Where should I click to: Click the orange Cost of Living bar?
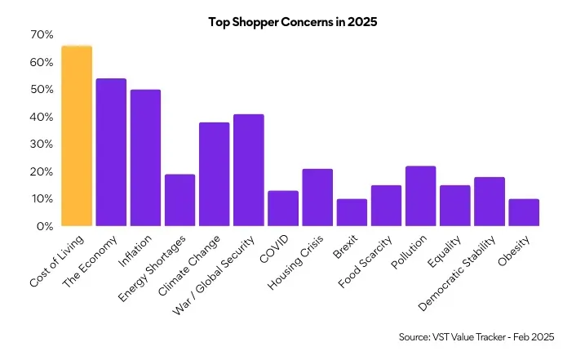(77, 136)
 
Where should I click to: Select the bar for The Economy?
(111, 153)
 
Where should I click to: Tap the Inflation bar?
(145, 158)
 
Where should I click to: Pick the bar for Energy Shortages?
(179, 200)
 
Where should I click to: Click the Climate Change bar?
(214, 175)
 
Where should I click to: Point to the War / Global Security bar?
(249, 171)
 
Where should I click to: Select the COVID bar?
(283, 208)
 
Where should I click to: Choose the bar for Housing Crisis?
(317, 198)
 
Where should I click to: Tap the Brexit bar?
(352, 212)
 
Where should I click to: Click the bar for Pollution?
(420, 196)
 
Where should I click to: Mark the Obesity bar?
(524, 212)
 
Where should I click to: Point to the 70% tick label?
(42, 35)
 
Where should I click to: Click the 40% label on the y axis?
(42, 117)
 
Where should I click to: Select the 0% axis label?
(45, 226)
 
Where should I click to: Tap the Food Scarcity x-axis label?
(365, 261)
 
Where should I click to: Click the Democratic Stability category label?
(457, 273)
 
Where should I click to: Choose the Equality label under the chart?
(444, 251)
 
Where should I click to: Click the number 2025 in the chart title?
(362, 22)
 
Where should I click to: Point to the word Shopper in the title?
(255, 22)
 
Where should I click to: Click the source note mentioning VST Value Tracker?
(476, 337)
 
